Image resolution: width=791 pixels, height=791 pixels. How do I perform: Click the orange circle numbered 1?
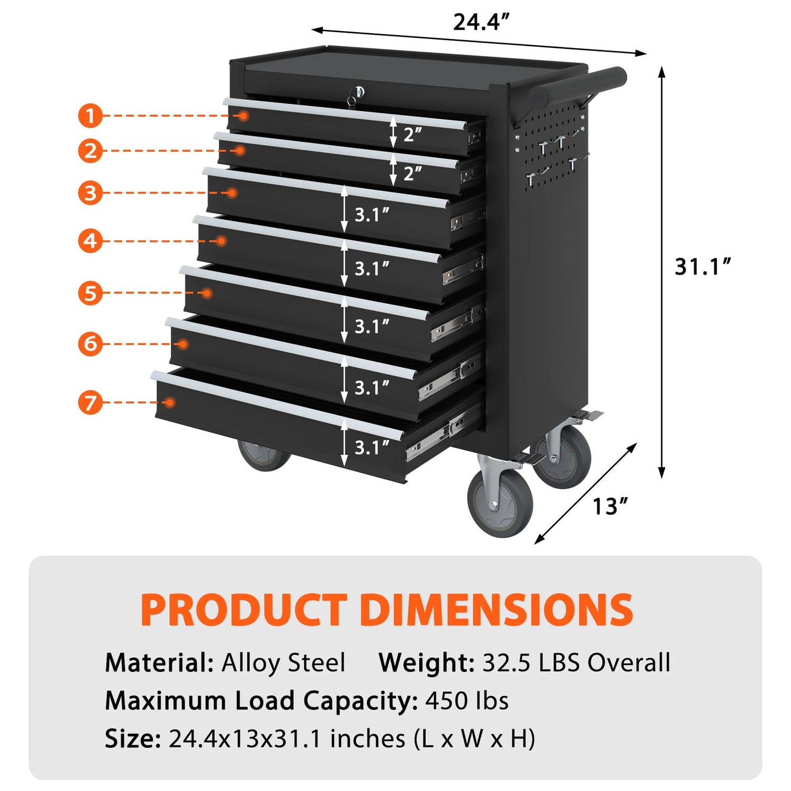click(90, 115)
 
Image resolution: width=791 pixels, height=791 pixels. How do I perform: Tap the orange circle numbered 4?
click(90, 241)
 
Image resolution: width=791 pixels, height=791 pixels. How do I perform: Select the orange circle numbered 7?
click(90, 402)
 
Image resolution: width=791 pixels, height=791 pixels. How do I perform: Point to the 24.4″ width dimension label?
click(481, 22)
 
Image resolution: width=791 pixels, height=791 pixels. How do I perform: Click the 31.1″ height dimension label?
click(703, 266)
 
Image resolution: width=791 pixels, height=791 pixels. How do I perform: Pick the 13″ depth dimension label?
click(611, 506)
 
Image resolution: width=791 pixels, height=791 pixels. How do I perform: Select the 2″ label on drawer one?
click(412, 134)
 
